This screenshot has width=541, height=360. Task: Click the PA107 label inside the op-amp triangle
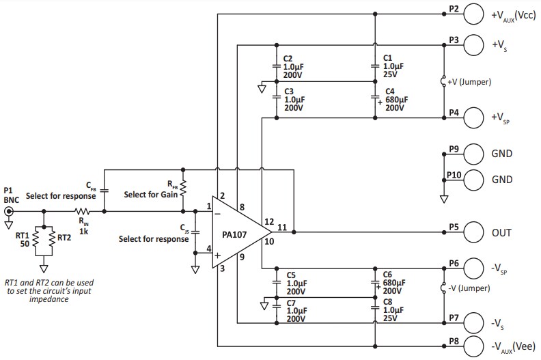(234, 232)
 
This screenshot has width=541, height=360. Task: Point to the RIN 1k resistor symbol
(82, 211)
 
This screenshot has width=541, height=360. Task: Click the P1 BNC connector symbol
(8, 211)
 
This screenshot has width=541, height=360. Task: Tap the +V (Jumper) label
(469, 81)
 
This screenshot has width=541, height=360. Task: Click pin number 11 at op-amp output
(282, 226)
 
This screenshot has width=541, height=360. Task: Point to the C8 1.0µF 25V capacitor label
(393, 309)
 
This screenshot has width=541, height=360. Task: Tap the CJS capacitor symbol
(195, 230)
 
